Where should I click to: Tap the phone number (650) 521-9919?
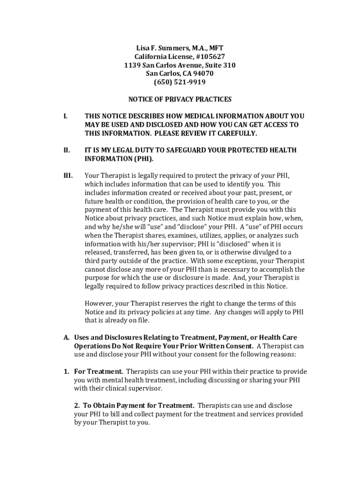180,82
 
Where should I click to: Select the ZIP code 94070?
204,74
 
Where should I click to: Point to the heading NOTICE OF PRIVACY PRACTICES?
180,99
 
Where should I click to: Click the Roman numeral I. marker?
65,116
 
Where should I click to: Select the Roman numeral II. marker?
67,150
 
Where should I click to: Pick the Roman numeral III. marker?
68,176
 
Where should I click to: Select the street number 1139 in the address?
133,65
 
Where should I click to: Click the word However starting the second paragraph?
99,304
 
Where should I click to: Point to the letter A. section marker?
67,337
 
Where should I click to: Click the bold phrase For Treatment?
99,371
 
